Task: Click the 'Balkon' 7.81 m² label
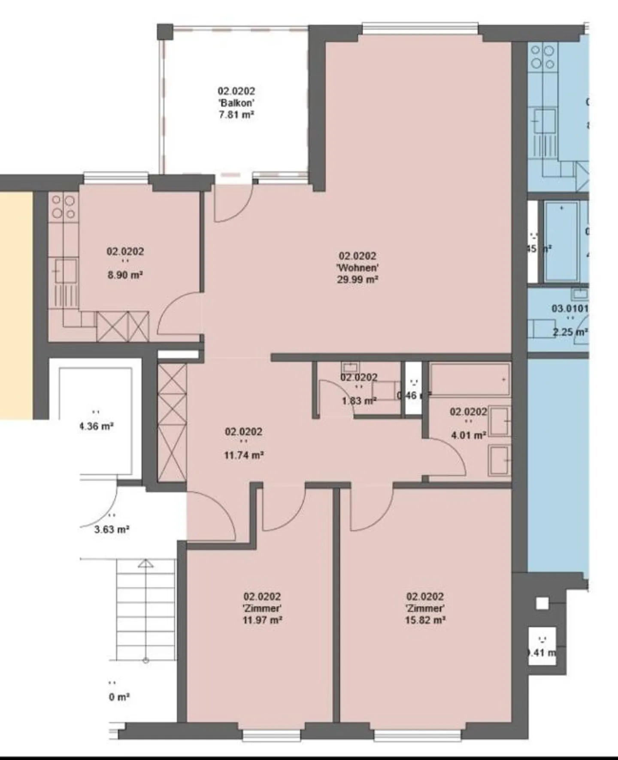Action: tap(236, 103)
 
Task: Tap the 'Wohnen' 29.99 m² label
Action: tap(357, 268)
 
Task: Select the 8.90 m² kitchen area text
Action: tap(125, 275)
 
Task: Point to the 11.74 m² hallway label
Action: tap(243, 455)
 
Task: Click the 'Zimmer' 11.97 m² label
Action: tap(262, 608)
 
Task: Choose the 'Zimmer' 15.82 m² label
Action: tap(425, 608)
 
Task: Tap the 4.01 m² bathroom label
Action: tap(468, 435)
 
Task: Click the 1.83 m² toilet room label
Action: tap(359, 401)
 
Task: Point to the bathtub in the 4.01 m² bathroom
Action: tap(470, 380)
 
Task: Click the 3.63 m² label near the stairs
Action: tap(112, 529)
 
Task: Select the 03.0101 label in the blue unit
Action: tap(570, 308)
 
